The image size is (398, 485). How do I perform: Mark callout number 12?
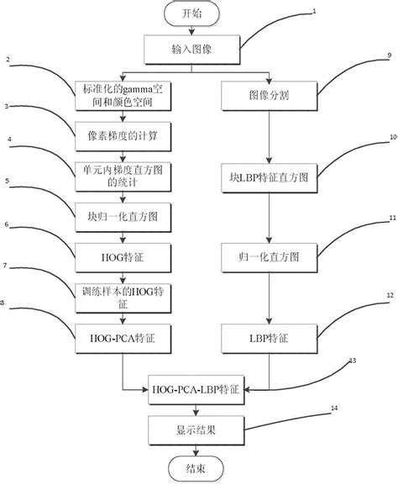[389, 296]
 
